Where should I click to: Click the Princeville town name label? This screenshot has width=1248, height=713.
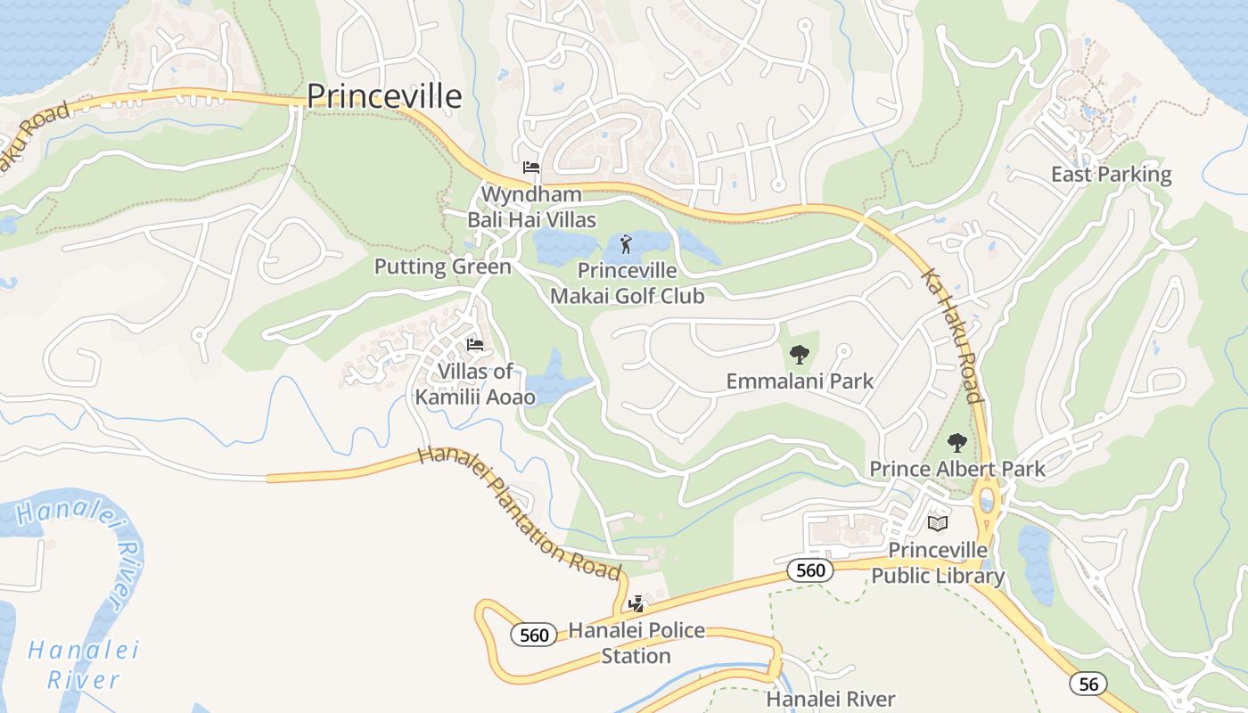point(384,96)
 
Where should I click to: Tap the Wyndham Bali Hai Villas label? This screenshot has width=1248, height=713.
point(532,206)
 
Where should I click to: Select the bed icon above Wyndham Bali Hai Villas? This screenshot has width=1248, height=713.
point(531,167)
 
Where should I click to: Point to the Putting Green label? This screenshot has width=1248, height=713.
point(442,266)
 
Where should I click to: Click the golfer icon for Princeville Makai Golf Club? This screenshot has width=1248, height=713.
point(626,243)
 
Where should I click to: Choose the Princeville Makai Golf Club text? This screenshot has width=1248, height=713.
point(627,283)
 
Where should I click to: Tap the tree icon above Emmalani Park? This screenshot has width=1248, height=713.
point(800,355)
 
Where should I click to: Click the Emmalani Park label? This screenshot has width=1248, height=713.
point(800,381)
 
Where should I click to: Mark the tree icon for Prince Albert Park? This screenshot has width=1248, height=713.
point(957,442)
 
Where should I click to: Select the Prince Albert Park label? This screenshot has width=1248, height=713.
point(957,469)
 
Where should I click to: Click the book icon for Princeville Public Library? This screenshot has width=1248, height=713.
point(937,523)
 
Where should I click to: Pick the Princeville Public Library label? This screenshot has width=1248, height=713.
point(937,562)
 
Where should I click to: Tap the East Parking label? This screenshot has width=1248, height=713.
point(1111,174)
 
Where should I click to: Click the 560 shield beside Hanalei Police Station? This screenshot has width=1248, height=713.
point(534,635)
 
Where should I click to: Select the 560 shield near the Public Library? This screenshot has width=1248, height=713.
point(810,570)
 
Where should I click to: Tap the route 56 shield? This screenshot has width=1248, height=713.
point(1088,684)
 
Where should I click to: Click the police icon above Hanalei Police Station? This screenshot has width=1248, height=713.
point(636,604)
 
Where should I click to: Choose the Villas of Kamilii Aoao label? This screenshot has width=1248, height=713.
point(475,383)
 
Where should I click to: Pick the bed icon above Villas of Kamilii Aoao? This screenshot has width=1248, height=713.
point(475,345)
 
